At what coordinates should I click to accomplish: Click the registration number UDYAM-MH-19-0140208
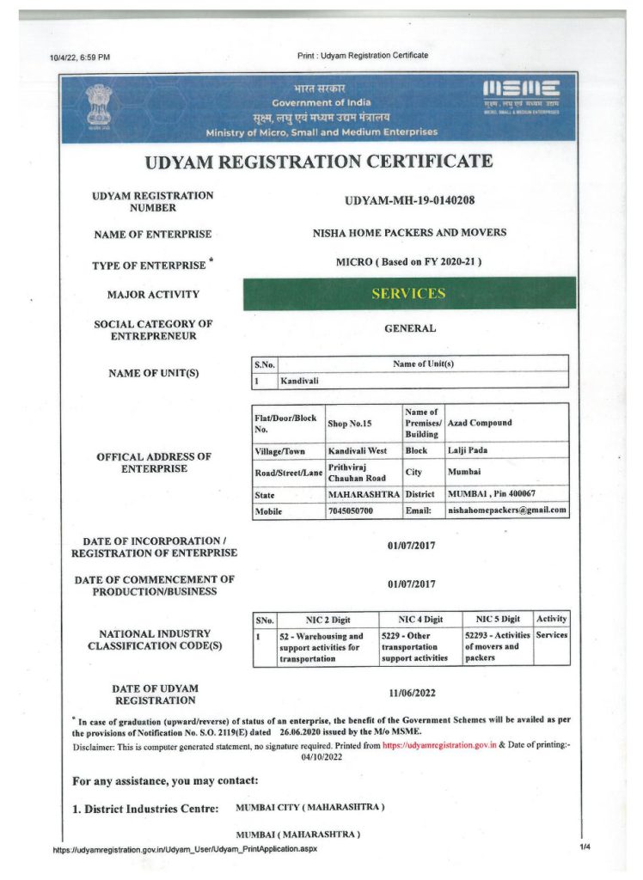(x=409, y=201)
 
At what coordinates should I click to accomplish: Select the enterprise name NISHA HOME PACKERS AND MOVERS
(x=409, y=233)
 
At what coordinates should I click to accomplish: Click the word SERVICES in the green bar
(x=408, y=294)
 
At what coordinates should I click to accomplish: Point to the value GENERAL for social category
(x=410, y=328)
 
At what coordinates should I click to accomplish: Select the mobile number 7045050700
(x=352, y=510)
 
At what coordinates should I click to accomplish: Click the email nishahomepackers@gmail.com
(x=507, y=510)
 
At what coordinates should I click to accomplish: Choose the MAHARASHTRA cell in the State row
(x=364, y=495)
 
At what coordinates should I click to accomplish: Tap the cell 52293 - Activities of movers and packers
(x=497, y=646)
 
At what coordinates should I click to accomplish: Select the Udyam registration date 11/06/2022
(x=412, y=691)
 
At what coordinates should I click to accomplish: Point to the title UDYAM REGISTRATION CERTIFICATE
(x=319, y=162)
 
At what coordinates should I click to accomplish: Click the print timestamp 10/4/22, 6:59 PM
(x=80, y=58)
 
